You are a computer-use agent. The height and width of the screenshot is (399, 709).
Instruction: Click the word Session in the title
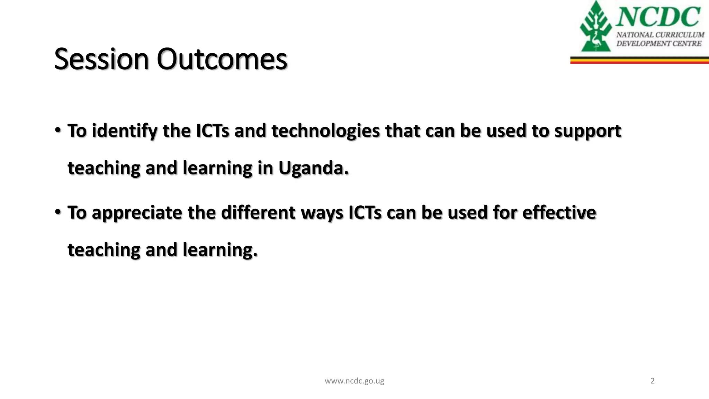click(x=101, y=59)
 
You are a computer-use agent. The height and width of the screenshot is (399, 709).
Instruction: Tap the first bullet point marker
click(x=58, y=131)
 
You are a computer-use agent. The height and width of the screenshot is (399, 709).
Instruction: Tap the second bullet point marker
click(x=58, y=212)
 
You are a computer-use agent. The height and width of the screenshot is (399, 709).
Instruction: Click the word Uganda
click(x=313, y=168)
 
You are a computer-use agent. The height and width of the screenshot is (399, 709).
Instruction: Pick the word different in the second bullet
click(x=258, y=213)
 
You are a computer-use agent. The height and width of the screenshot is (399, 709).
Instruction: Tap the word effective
click(x=559, y=213)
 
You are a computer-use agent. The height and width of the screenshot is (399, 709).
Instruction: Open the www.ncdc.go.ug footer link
click(x=354, y=381)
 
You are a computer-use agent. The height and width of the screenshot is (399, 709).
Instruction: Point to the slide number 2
click(x=653, y=381)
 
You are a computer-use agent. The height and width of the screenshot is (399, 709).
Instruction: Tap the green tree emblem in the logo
click(x=595, y=28)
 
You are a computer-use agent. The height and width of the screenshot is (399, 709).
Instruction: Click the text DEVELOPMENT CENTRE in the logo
click(x=659, y=44)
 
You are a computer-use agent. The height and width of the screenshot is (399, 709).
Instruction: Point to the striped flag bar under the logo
click(x=639, y=60)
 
